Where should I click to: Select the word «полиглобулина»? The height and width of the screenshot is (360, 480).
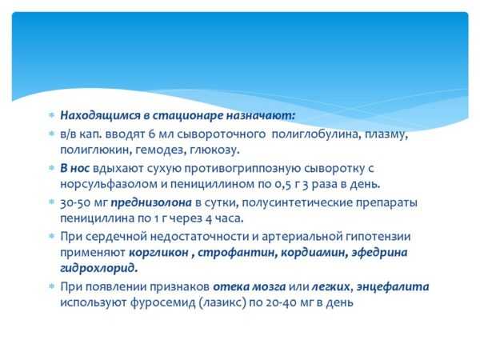[x=315, y=134]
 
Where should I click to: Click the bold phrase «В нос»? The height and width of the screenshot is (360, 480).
[x=74, y=168]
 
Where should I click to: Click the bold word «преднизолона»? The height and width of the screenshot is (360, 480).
[x=151, y=203]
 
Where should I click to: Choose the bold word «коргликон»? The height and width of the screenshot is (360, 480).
[x=158, y=253]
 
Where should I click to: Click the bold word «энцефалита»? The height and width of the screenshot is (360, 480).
[x=393, y=287]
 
